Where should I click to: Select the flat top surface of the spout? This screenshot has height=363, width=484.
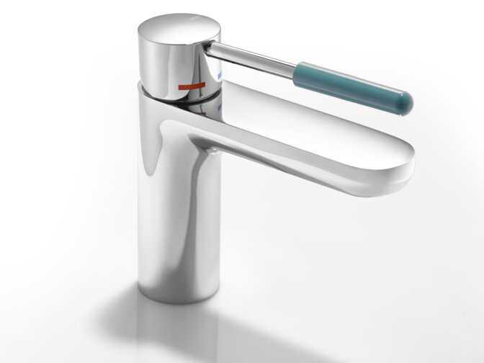pos(324,137)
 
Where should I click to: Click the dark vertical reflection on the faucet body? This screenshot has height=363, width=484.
pos(155,216)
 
